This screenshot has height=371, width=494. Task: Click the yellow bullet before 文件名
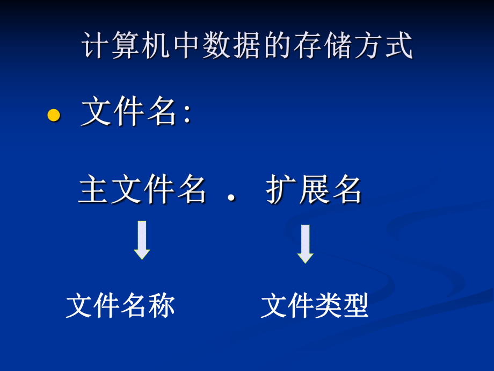point(53,115)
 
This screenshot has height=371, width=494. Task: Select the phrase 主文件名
point(142,190)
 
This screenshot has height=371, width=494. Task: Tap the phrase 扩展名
point(314,190)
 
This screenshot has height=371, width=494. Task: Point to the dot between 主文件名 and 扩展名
point(231,198)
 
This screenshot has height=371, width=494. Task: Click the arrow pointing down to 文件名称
point(142,240)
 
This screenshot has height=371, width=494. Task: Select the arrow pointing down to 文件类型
point(305,243)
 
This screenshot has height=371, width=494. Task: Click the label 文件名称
point(120,306)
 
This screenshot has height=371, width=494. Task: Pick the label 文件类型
point(315,306)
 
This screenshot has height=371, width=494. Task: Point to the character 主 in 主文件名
point(94,190)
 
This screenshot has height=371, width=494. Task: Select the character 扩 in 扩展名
point(281,190)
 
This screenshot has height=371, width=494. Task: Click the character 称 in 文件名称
point(162,306)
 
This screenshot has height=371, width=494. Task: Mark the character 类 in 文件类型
point(328,306)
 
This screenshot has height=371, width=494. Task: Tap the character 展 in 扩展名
point(314,190)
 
